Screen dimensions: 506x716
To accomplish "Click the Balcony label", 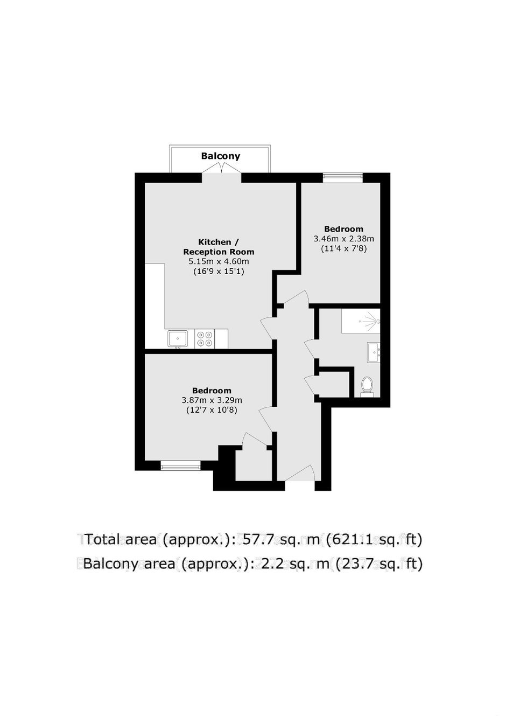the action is (x=220, y=156).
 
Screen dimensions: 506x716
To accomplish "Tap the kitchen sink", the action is (x=178, y=339).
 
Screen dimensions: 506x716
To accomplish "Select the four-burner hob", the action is (x=205, y=339).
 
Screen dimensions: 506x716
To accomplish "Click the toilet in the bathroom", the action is (x=367, y=386).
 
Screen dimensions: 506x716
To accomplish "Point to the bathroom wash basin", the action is (x=374, y=352).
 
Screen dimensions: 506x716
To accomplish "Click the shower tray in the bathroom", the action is (x=361, y=321).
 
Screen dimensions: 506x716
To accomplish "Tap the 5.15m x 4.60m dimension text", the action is (x=219, y=261).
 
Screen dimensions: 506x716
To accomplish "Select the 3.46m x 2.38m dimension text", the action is (x=344, y=239).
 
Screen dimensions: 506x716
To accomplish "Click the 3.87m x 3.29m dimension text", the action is (x=212, y=400).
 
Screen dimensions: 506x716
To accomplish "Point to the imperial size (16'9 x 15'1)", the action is (x=219, y=272).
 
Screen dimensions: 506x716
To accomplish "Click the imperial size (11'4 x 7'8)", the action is (x=344, y=248).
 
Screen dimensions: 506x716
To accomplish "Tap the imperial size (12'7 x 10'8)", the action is (x=212, y=410).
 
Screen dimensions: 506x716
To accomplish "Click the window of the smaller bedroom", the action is (x=342, y=177).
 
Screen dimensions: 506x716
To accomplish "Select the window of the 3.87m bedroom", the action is (x=181, y=465).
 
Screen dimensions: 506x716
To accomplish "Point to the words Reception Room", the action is (x=219, y=252).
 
